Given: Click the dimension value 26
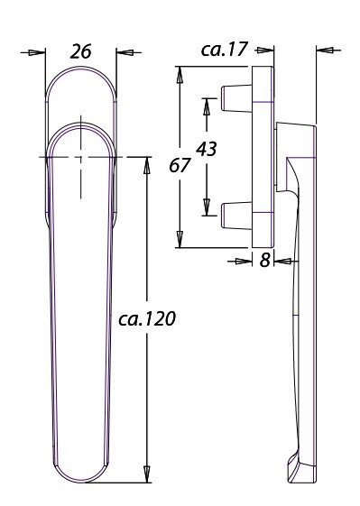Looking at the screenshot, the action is click(x=80, y=51).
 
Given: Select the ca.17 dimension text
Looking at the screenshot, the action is click(x=225, y=49).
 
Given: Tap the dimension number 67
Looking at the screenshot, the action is click(x=180, y=166).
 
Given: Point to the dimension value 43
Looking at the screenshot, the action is click(x=207, y=149).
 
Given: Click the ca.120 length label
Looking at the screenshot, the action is click(x=147, y=318).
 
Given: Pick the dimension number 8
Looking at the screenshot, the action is click(x=264, y=260).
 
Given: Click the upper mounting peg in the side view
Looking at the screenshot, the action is click(x=236, y=98).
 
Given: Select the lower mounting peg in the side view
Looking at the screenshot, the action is click(x=236, y=216).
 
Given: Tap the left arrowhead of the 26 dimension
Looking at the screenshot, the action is click(x=36, y=52).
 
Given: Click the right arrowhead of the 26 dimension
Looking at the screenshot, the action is click(x=125, y=52).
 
